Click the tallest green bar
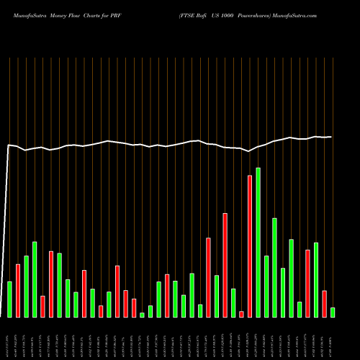pos(258,242)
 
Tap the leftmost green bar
pos(9,299)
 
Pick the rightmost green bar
pos(332,312)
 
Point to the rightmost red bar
pos(324,303)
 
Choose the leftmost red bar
pos(18,290)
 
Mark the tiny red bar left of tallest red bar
pos(241,313)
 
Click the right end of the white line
pos(331,137)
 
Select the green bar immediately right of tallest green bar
pos(266,286)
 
